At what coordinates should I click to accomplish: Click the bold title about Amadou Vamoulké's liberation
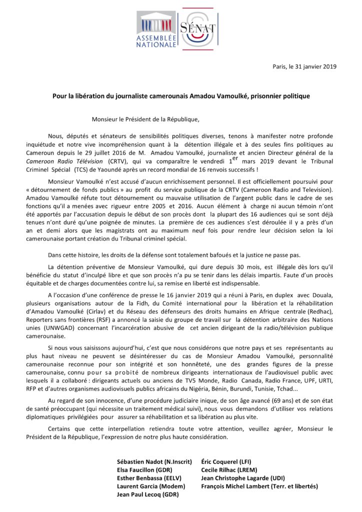(x=181, y=95)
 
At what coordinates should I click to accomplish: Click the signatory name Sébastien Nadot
(x=154, y=461)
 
